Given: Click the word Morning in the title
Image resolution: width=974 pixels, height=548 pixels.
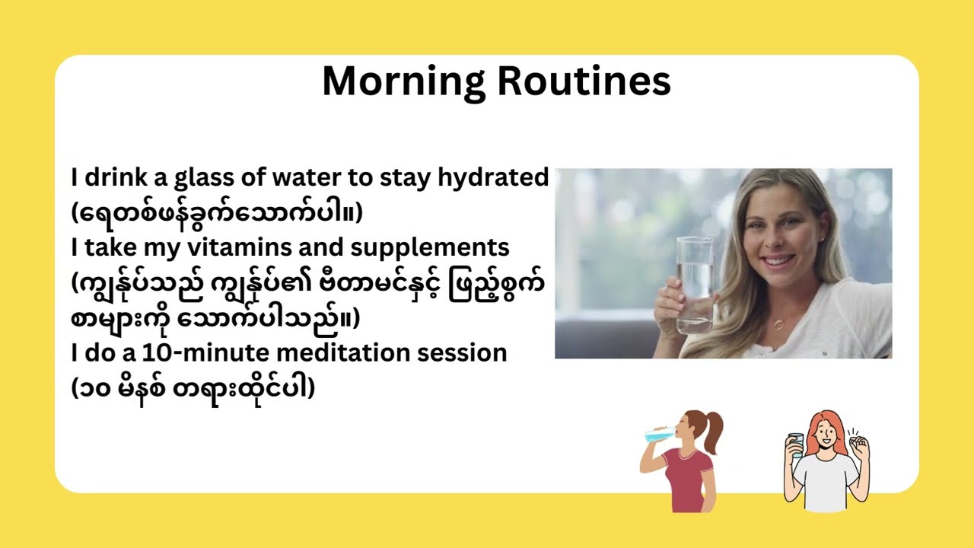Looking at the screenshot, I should (403, 81).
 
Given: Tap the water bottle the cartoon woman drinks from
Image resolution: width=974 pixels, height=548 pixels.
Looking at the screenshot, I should (656, 435).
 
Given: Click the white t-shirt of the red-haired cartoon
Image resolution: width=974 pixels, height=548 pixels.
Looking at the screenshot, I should (826, 483).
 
